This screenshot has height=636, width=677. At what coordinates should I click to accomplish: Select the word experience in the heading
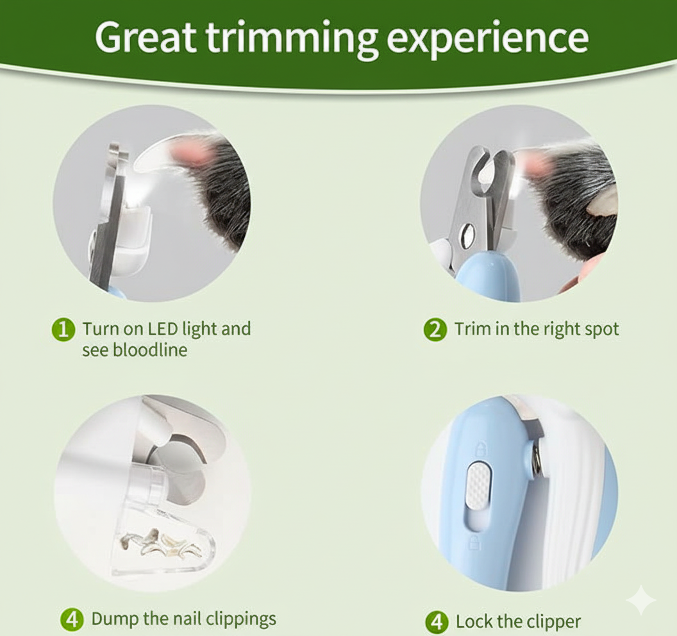487,40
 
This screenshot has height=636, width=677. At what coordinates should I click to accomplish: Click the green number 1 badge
63,330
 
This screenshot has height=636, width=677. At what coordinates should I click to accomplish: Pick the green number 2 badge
435,330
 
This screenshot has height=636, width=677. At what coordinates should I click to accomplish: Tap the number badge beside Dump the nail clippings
72,619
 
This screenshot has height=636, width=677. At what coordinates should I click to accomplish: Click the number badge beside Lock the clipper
437,622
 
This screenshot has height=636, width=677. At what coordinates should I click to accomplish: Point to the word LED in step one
163,328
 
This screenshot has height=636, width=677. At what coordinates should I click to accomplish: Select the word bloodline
150,349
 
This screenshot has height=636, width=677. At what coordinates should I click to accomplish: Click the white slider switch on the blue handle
479,483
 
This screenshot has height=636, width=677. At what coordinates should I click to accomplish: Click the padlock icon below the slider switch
474,543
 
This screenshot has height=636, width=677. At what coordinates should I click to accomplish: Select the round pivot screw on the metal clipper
467,236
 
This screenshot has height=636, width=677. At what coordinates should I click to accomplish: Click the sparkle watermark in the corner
641,599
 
